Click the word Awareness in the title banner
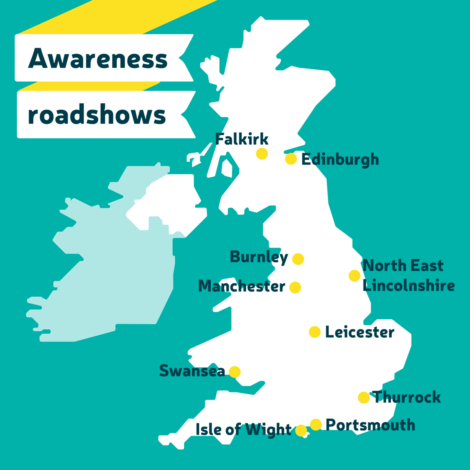coord(98,59)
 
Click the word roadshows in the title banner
coord(97,115)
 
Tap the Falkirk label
coord(242,139)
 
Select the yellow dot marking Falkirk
coord(262,154)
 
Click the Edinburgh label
coord(340,160)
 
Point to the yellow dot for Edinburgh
coord(291,159)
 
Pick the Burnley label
coord(258,257)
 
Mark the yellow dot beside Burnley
coord(298,259)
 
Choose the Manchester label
coord(242,286)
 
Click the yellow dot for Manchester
coord(295,287)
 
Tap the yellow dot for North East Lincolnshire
coord(354,276)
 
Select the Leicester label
coord(360,332)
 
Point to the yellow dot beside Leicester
coord(315,332)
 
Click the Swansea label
coord(192,371)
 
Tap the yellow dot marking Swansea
coord(235,372)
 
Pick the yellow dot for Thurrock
coord(364,398)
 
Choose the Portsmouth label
coord(370,425)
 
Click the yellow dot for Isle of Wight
coord(301,430)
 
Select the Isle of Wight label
coord(243,430)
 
